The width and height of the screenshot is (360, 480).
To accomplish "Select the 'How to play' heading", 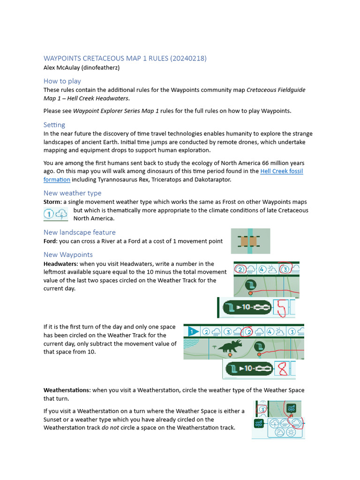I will [x=62, y=81].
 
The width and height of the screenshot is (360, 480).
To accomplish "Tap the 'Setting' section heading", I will [x=54, y=125].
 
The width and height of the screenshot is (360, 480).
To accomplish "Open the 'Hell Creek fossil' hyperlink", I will [x=281, y=171].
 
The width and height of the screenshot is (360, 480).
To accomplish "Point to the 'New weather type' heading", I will [x=72, y=193].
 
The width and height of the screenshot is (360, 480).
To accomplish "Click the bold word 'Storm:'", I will [x=52, y=202].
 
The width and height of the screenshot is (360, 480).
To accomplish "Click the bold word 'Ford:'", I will [x=51, y=241].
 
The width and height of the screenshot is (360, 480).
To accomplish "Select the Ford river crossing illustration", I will [x=250, y=241].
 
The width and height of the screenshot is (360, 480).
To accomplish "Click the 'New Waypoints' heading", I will [x=68, y=255].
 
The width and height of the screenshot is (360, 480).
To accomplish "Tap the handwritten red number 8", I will [x=282, y=370].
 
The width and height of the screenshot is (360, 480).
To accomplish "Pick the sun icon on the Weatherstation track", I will [x=291, y=432].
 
